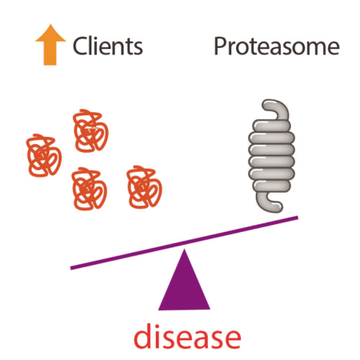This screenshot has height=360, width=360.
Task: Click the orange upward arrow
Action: [50, 46]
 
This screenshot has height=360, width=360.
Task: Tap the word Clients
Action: [108, 46]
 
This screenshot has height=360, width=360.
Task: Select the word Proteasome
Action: [277, 46]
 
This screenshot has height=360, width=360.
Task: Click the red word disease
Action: [187, 336]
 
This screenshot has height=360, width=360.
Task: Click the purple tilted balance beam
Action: [184, 242]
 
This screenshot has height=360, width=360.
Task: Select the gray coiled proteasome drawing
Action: [271, 156]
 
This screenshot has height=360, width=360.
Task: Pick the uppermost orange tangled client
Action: [90, 130]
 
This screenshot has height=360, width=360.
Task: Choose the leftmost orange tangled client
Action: [44, 155]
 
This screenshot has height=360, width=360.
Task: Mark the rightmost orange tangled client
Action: [144, 187]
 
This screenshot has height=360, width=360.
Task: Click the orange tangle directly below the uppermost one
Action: [89, 189]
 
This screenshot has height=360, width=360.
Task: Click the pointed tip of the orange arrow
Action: [50, 24]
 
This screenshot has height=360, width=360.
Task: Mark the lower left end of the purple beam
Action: [71, 268]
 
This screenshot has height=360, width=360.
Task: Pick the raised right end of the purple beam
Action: [298, 218]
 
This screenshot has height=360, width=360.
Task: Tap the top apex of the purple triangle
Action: [184, 249]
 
